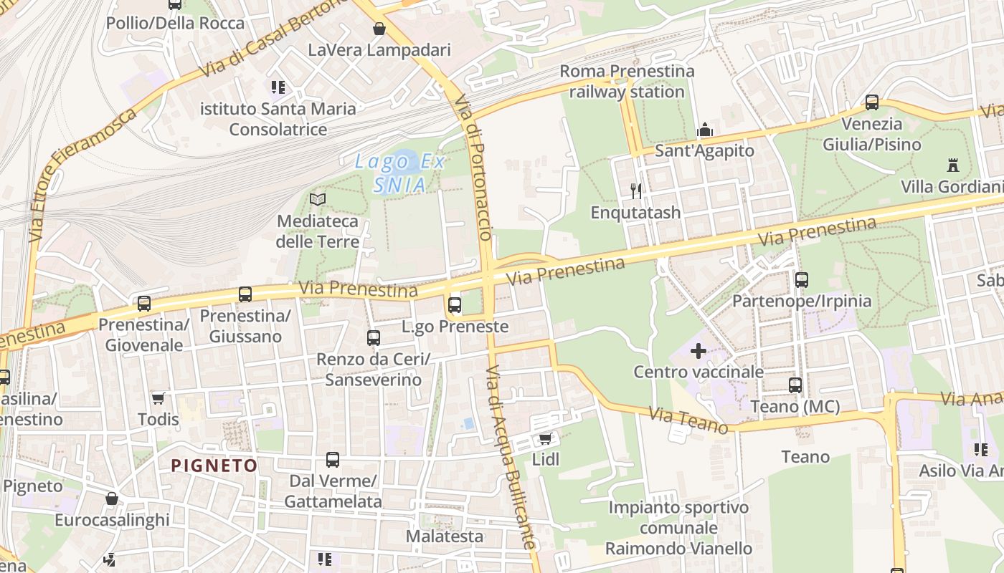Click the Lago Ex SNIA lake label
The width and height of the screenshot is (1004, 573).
[x=400, y=173]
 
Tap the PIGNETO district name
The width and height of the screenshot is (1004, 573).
[x=214, y=466]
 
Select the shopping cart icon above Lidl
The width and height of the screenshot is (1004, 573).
[x=545, y=438]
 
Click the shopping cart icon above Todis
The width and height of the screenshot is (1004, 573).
[x=158, y=398]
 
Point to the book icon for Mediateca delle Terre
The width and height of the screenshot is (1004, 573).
[x=317, y=200]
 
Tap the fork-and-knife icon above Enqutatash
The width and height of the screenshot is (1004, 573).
[x=635, y=191]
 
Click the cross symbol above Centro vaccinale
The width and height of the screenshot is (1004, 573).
[x=698, y=351]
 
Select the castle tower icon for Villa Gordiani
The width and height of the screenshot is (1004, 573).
[x=952, y=165]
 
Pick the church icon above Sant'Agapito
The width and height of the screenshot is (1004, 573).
[x=705, y=130]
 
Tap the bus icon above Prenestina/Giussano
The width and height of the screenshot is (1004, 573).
[x=245, y=294]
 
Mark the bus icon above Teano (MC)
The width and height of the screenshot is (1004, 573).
[x=795, y=385]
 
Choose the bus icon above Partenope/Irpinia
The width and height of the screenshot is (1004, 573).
[x=802, y=280]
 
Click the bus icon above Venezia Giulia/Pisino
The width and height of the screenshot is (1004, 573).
[x=871, y=102]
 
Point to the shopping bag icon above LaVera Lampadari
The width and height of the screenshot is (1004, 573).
[x=379, y=29]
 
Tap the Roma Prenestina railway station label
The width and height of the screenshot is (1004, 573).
[x=627, y=82]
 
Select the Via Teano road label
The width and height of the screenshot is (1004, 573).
[x=688, y=420]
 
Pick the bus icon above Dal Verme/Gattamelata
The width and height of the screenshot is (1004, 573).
[x=333, y=460]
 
